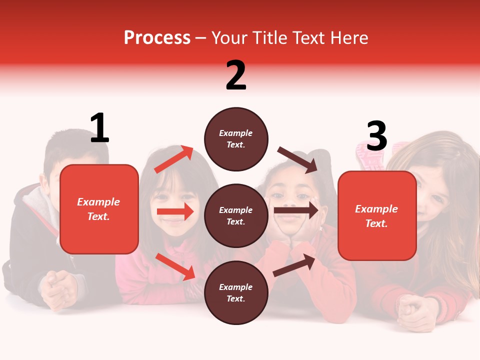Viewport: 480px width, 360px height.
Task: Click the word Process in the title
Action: coord(157,37)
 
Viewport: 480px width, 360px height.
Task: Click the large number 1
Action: coord(99,128)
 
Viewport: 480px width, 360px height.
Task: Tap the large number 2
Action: coord(236,75)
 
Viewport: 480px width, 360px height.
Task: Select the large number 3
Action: coord(376,136)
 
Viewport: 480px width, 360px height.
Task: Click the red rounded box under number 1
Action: coord(99,209)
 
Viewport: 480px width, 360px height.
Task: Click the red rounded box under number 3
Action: coord(377,215)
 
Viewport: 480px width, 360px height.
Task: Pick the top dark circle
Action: coord(236,139)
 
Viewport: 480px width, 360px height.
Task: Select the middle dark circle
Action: coord(236,215)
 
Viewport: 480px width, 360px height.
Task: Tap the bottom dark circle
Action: coord(236,292)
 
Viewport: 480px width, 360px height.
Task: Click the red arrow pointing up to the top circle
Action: coord(173,159)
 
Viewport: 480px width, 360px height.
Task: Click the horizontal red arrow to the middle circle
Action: coord(175,211)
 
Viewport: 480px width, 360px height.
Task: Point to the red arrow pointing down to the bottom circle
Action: coord(175,266)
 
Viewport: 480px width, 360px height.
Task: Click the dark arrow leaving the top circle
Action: coord(297,159)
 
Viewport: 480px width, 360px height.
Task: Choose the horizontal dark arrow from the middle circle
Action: coord(296,210)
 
